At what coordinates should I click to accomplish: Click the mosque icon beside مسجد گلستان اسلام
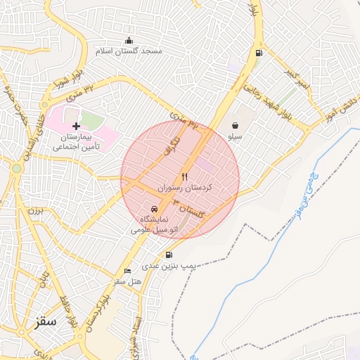point(128,40)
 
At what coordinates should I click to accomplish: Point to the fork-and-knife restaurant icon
point(185,176)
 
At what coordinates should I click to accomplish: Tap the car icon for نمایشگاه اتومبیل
point(154,209)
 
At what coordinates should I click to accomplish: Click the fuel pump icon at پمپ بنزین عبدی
point(169,255)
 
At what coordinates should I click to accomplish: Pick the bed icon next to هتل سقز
point(127,271)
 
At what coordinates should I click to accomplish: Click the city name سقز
point(44,322)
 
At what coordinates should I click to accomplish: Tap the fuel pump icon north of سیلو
point(260,53)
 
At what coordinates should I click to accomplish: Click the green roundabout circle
point(16,168)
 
